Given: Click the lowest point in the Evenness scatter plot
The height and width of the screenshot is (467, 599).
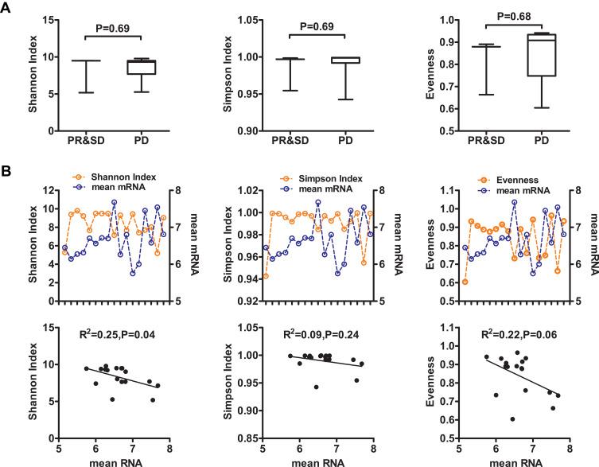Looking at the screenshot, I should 512,419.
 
